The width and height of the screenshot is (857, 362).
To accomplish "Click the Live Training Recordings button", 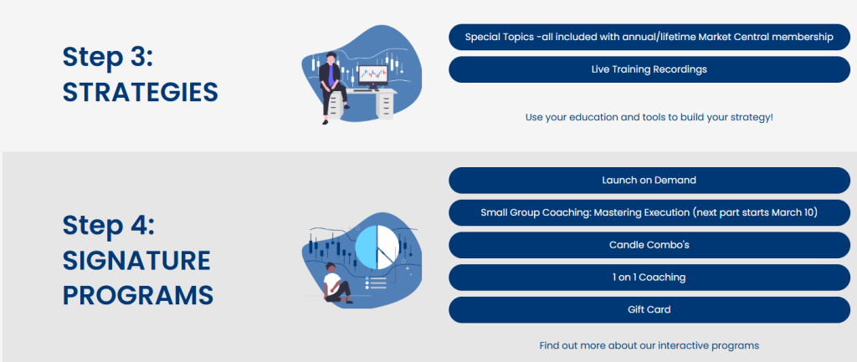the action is (x=649, y=69).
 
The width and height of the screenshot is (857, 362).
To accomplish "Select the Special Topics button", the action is (x=649, y=37).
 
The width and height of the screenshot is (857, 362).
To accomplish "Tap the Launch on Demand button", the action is (x=649, y=181).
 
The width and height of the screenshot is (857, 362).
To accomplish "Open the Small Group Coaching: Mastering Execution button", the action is (x=649, y=212).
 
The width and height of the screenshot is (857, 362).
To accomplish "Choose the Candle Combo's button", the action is (x=649, y=245).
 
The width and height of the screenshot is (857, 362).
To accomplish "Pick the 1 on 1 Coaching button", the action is (x=649, y=278).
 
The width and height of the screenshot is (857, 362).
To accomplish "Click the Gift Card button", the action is (x=649, y=309).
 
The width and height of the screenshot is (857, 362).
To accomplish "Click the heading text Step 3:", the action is (x=108, y=58).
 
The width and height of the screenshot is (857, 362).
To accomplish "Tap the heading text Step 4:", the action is (x=109, y=226).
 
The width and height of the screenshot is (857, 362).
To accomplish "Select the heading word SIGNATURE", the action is (x=136, y=261).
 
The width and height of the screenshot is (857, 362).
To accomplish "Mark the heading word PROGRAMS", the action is (x=138, y=295).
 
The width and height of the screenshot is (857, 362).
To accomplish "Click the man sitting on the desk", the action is (x=331, y=87).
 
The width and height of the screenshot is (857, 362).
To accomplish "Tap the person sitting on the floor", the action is (x=336, y=283).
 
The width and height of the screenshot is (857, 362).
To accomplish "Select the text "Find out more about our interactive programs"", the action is (x=649, y=345).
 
